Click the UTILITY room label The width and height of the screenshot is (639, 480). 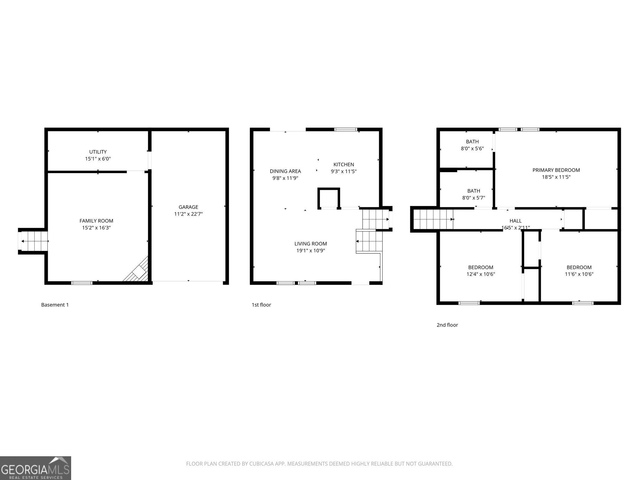point(98,152)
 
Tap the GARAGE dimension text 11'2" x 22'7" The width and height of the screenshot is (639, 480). point(188,214)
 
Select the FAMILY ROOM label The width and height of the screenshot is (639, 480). point(96,221)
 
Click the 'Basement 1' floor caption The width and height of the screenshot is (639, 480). point(55,305)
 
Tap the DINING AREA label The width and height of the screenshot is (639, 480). point(285,171)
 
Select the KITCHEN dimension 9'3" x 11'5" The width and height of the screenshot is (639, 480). point(344,172)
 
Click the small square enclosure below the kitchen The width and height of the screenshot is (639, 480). point(329,198)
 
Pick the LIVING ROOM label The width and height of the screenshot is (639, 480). point(310,244)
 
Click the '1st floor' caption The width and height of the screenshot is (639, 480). point(261,305)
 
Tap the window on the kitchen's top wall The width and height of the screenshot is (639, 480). point(345,129)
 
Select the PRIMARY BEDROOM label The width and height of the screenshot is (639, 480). point(556,170)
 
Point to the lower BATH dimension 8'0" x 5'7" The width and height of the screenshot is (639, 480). point(473,198)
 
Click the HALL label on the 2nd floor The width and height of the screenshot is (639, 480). point(515,221)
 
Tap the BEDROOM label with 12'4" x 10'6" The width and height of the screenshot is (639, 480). point(480,267)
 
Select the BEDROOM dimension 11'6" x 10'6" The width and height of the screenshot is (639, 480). point(579,274)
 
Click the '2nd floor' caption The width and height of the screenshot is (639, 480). point(447,325)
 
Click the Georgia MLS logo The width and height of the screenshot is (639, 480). point(35,468)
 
